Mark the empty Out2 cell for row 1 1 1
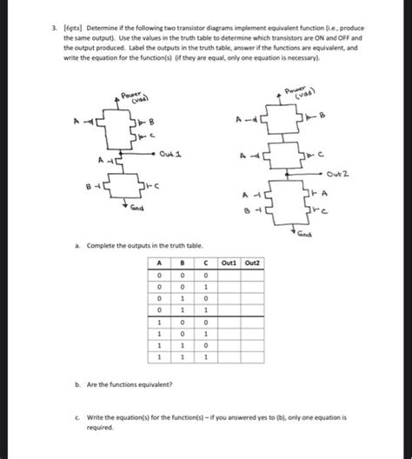(x=253, y=356)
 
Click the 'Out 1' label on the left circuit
(x=171, y=155)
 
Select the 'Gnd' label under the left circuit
(x=136, y=210)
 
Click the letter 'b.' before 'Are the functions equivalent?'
(x=82, y=383)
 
